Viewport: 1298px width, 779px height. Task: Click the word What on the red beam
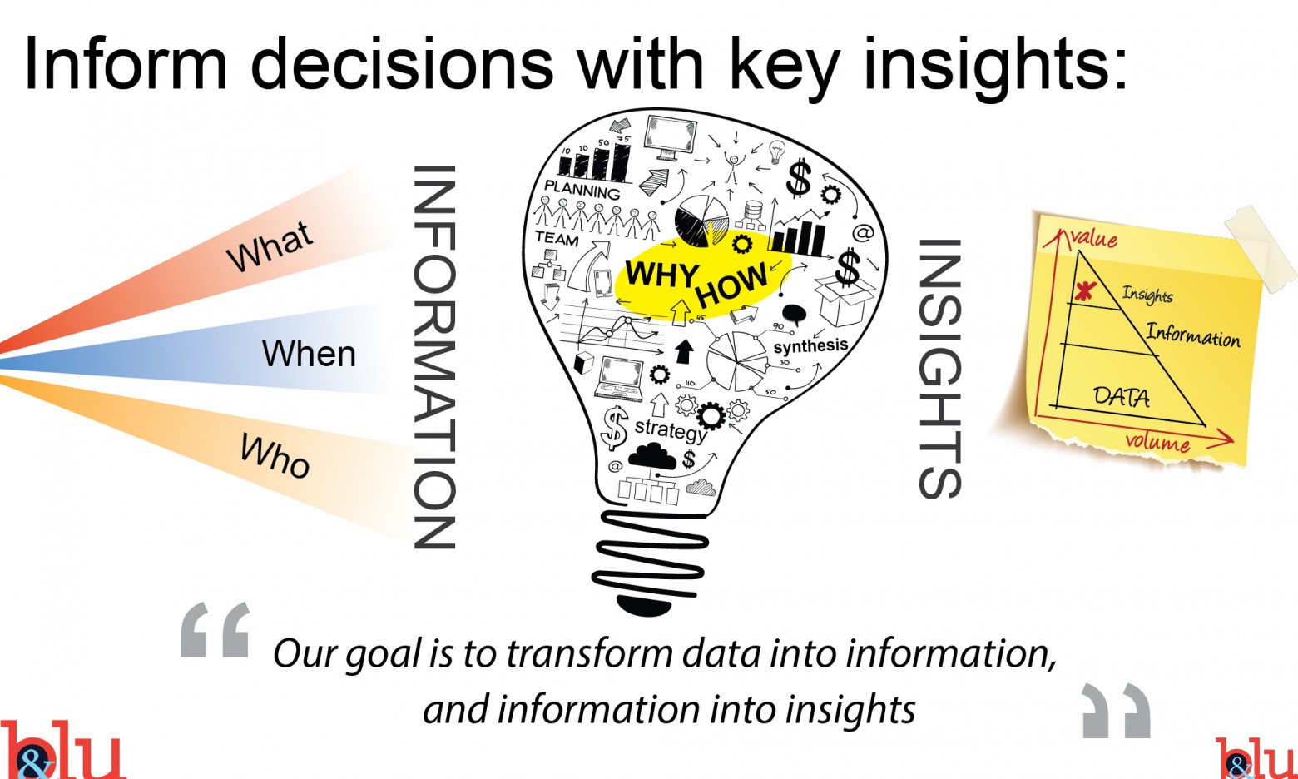270,246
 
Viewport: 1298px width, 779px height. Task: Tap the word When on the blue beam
309,353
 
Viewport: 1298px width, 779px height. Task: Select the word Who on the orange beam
275,456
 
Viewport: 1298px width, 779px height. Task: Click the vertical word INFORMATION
434,357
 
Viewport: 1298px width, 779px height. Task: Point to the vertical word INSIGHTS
940,369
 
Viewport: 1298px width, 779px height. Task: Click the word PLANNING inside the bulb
582,190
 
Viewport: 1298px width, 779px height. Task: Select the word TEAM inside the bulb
557,238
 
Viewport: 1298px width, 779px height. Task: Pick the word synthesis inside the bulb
810,346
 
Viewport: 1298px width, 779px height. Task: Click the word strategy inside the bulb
671,430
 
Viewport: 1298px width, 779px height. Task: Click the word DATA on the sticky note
1122,397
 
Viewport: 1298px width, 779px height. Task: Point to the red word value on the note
1094,238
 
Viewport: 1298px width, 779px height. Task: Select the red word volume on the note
1157,443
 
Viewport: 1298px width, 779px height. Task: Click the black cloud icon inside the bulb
651,456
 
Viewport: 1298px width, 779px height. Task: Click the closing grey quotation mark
1116,711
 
